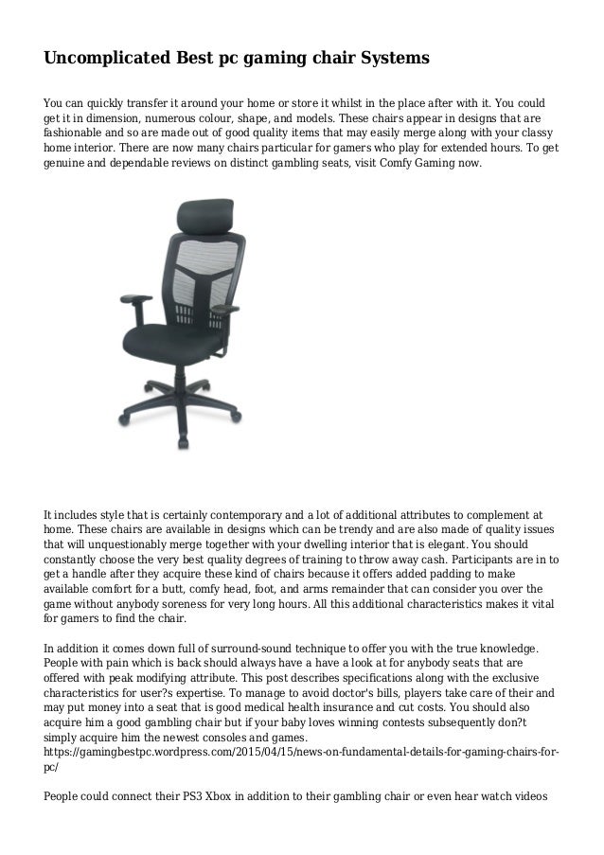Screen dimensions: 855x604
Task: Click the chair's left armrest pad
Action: tap(138, 299)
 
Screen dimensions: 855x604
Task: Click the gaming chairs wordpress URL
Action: tap(301, 752)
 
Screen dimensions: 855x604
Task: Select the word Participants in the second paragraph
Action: tap(484, 560)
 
